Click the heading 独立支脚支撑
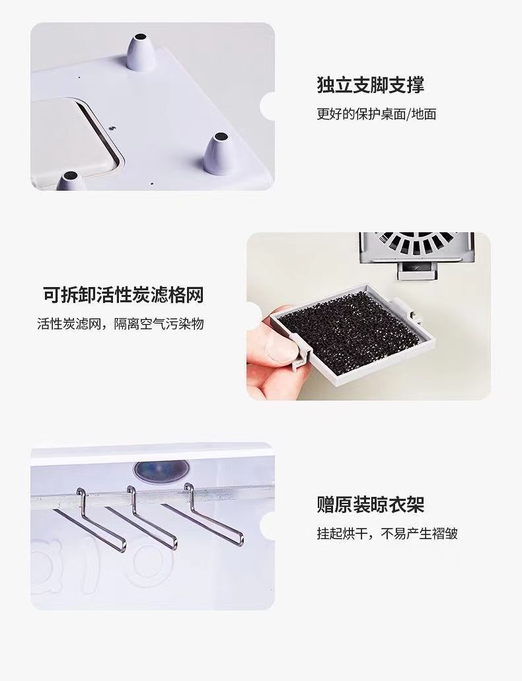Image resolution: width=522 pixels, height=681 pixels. [x=370, y=84]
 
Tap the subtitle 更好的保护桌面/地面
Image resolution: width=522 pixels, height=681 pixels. [x=376, y=114]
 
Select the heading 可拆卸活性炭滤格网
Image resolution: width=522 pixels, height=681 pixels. [x=123, y=295]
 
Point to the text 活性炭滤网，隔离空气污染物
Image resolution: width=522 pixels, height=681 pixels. [x=120, y=324]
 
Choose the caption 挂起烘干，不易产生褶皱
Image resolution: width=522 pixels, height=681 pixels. [x=387, y=533]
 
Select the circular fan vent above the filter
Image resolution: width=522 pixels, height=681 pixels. [x=417, y=243]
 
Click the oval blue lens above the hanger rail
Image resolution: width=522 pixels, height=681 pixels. [x=162, y=470]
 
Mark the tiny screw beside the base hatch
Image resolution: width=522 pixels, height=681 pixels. [x=112, y=128]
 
